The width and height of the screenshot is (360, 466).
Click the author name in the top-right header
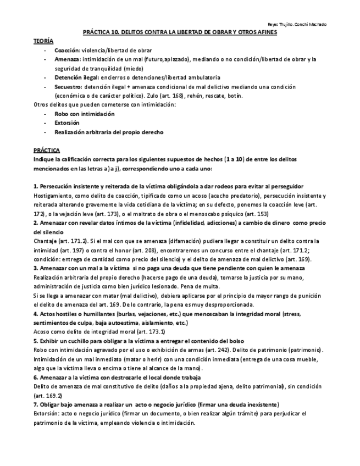click(x=296, y=25)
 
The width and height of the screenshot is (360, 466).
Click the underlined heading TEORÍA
click(x=43, y=41)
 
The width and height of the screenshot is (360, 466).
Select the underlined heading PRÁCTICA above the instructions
click(x=47, y=149)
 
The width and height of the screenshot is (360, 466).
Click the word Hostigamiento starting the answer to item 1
click(x=54, y=195)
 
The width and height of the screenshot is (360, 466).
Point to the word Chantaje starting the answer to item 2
click(x=46, y=241)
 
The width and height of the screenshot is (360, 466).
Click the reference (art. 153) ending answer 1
click(x=239, y=213)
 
